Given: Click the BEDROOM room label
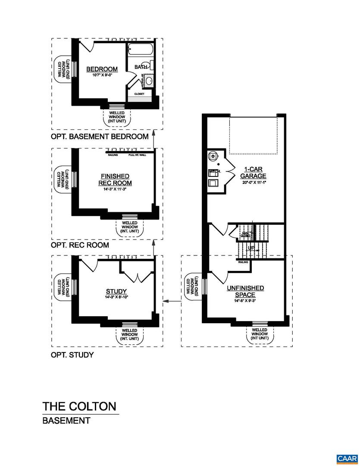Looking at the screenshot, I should click(102, 69).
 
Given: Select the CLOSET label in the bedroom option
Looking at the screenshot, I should click(139, 94).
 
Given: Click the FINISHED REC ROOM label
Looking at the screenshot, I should click(115, 179).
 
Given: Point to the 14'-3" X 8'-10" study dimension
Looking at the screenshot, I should click(116, 297).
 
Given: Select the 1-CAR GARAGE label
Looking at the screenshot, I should click(253, 173).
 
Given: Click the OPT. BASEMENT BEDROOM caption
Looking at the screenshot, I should click(100, 137).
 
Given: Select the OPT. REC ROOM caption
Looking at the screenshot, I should click(80, 245).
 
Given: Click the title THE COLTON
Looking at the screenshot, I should click(79, 406).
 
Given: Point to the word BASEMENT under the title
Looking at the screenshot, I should click(66, 420).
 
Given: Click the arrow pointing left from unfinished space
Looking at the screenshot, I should click(174, 301).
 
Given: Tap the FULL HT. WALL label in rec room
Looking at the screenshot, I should click(137, 154).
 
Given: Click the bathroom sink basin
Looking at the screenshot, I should click(149, 81).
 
